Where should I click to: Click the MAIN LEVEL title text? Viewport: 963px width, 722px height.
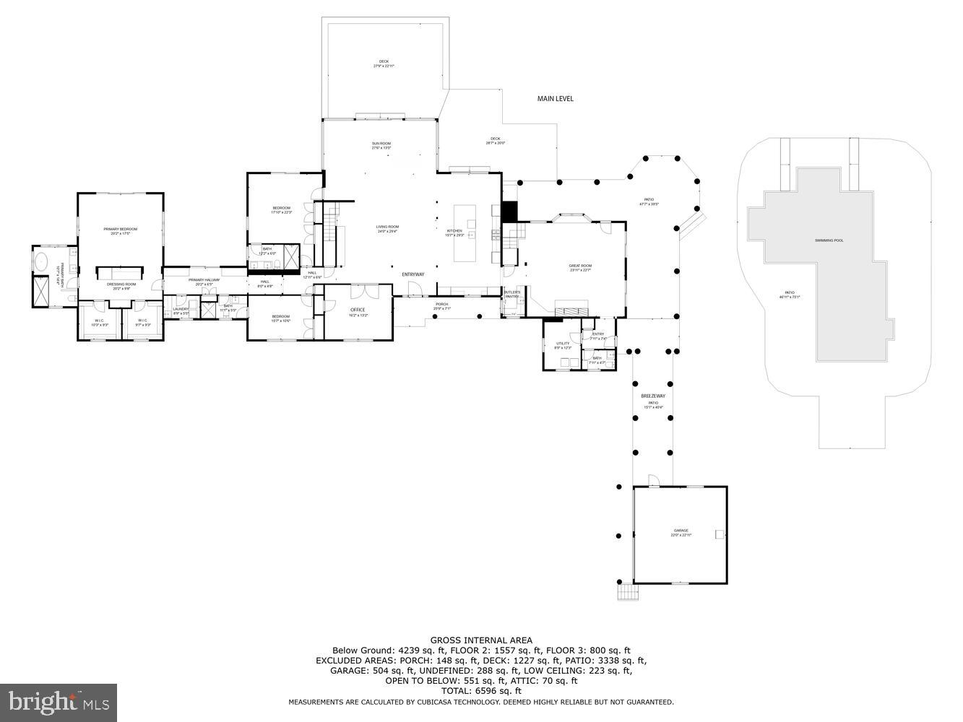(555, 98)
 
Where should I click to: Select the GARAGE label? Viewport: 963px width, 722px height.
(676, 531)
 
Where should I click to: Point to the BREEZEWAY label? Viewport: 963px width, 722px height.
(652, 396)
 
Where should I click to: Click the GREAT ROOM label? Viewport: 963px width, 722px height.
(580, 266)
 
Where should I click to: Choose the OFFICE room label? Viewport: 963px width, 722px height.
(358, 310)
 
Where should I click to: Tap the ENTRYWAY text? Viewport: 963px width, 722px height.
(413, 274)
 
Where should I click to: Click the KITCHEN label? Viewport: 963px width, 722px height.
(454, 231)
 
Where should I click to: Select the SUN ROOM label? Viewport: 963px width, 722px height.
(381, 144)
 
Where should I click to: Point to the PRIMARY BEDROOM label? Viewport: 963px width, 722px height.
(120, 229)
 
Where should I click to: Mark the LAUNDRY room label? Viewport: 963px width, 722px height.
(181, 309)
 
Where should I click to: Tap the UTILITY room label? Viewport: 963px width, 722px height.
(563, 344)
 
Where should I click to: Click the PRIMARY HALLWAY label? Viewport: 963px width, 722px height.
(204, 280)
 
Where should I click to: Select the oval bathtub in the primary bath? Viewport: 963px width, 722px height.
(42, 261)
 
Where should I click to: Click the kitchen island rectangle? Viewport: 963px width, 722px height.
(465, 233)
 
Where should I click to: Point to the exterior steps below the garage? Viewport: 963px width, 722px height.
(628, 593)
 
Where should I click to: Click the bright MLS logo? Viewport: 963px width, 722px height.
(59, 700)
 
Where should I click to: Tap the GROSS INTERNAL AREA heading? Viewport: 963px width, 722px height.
(481, 640)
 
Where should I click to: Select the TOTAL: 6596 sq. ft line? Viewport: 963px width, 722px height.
(481, 691)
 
